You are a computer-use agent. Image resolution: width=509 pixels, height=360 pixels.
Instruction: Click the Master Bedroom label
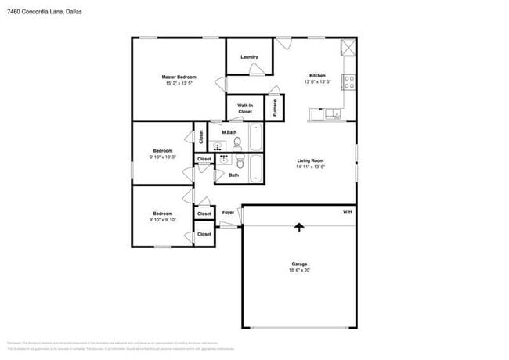tap(179, 77)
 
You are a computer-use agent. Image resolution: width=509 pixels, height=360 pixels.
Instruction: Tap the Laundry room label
tap(249, 57)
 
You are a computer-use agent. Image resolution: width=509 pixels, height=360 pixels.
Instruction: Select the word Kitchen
tap(316, 75)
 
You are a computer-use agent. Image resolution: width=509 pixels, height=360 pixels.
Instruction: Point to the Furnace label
tap(275, 108)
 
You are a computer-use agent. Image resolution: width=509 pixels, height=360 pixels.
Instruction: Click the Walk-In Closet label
tap(244, 109)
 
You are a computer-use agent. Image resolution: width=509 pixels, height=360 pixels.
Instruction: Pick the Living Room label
tap(310, 160)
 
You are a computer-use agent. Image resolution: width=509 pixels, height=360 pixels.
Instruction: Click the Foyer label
tap(229, 212)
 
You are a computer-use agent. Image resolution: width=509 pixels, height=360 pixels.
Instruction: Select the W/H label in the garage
tap(347, 212)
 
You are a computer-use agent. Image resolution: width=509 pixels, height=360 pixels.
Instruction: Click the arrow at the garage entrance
tap(298, 228)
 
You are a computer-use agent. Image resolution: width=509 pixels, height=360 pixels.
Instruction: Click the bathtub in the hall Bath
tap(256, 167)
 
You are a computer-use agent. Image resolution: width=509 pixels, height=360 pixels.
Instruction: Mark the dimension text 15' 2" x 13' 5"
tap(179, 83)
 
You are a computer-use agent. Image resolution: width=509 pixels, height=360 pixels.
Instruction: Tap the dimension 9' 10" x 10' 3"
tap(163, 157)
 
